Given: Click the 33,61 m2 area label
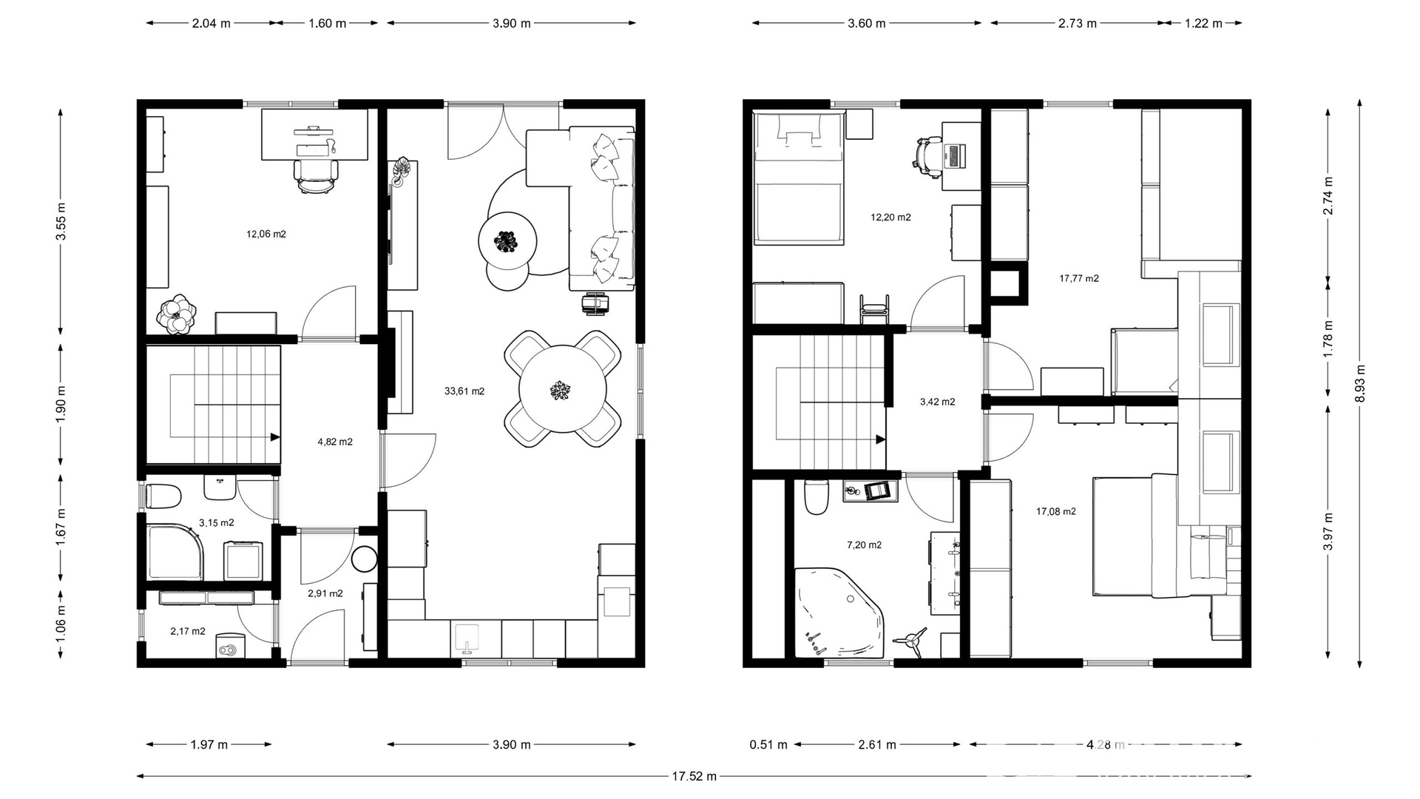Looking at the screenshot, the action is (x=464, y=391).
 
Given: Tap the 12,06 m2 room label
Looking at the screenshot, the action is (x=266, y=235).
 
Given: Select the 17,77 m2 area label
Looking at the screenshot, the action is (x=1079, y=279).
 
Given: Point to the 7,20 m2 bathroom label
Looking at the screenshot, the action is (x=864, y=545).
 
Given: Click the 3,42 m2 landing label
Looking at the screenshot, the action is (x=937, y=402).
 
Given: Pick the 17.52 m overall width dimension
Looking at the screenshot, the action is (x=694, y=777).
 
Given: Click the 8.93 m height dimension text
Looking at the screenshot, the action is (x=1360, y=384).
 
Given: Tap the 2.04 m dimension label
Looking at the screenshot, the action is (x=211, y=24).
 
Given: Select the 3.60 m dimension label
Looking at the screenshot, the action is (x=866, y=24).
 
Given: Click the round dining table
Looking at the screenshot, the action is (x=562, y=389).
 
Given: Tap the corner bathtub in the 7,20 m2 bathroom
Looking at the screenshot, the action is (x=840, y=613).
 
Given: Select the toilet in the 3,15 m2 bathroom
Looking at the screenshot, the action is (x=163, y=496).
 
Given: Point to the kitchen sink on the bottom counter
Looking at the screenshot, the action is (x=467, y=639).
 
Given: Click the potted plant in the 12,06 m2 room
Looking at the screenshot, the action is (x=177, y=314).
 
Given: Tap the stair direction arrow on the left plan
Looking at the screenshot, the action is (x=275, y=437).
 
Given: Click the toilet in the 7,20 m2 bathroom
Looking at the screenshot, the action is (x=816, y=497).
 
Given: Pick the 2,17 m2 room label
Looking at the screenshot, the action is (x=188, y=632).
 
